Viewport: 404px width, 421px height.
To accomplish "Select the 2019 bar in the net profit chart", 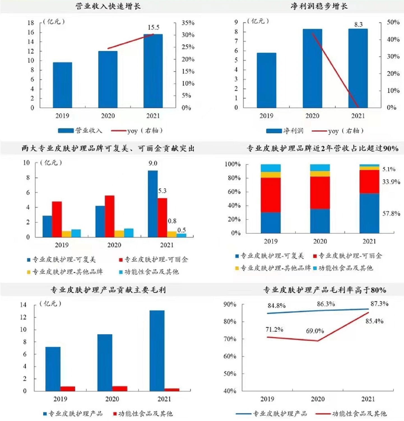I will pyautogui.click(x=266, y=80).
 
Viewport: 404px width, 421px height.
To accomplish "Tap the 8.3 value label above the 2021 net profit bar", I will pyautogui.click(x=358, y=25).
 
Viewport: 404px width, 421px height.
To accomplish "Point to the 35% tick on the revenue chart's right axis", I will pyautogui.click(x=188, y=23).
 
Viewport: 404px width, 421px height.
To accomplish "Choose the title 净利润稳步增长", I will pyautogui.click(x=319, y=6).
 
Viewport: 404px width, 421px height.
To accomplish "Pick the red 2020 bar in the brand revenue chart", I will pyautogui.click(x=110, y=216).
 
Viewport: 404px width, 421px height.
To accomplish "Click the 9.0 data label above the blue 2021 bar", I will pyautogui.click(x=153, y=163).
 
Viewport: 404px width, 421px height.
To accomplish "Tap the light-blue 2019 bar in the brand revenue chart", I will pyautogui.click(x=76, y=233).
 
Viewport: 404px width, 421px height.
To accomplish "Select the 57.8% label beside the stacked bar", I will pyautogui.click(x=391, y=214).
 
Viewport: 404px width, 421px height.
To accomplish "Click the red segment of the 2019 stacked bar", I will pyautogui.click(x=271, y=195).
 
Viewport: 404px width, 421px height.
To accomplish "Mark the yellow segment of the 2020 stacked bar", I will pyautogui.click(x=320, y=174).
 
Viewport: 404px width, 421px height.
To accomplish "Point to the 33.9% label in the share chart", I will pyautogui.click(x=391, y=182).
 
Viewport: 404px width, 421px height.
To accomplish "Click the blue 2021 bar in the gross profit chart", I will pyautogui.click(x=157, y=351).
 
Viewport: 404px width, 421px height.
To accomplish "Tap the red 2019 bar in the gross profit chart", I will pyautogui.click(x=68, y=388).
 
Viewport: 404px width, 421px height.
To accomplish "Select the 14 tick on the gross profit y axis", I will pyautogui.click(x=23, y=305).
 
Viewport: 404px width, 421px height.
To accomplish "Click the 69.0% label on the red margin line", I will pyautogui.click(x=315, y=331).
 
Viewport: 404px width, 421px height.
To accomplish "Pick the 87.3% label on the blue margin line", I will pyautogui.click(x=379, y=304).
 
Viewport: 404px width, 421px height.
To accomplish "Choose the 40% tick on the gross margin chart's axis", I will pyautogui.click(x=230, y=391).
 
